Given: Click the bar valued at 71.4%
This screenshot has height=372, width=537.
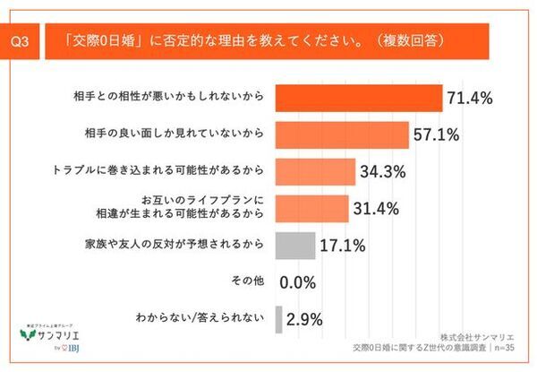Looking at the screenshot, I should [358, 97].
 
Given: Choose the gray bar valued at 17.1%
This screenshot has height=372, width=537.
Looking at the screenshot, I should [294, 244].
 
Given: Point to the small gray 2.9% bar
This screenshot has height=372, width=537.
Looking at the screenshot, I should [278, 318].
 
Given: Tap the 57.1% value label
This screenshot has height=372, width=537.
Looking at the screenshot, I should [439, 134].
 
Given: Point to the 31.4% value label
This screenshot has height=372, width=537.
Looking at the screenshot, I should [376, 208].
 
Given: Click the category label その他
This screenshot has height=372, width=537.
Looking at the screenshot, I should [247, 281].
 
